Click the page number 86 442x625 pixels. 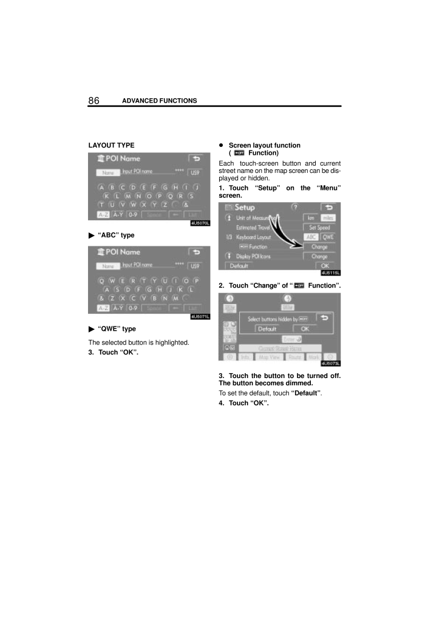(94, 100)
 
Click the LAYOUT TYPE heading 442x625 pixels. (112, 146)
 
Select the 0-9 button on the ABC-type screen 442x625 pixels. (132, 215)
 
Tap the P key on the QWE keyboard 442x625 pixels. (196, 280)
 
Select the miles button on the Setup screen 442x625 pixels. (328, 217)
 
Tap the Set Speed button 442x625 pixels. (319, 228)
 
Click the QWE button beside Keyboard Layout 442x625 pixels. (328, 237)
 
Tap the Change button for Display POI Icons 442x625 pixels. (319, 257)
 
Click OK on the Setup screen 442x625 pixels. (325, 266)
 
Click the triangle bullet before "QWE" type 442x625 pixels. (92, 329)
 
